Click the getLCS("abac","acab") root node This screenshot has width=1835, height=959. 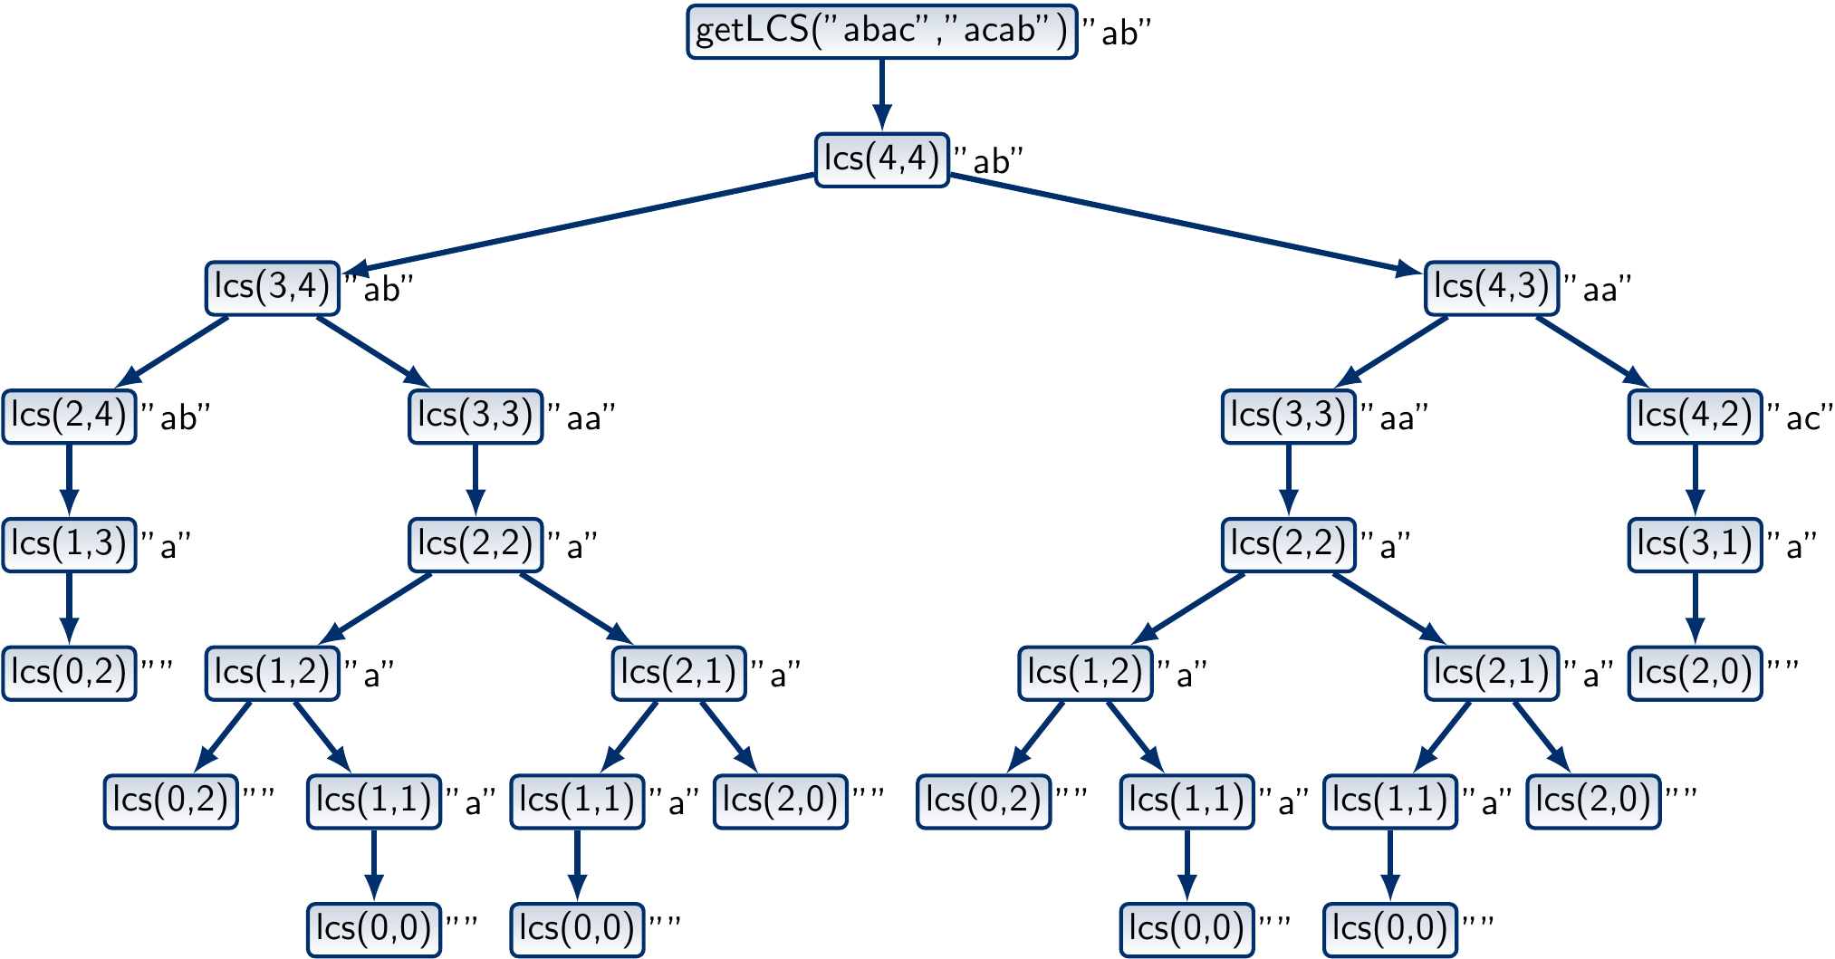coord(881,32)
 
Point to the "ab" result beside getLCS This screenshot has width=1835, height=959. coord(1118,34)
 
